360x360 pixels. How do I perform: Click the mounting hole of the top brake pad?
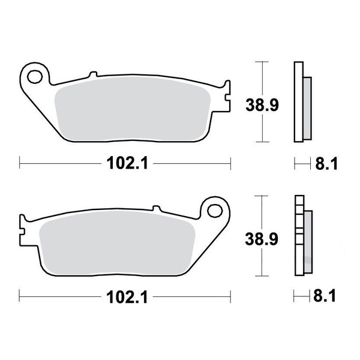[36, 77]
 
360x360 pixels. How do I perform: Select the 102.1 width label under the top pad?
[125, 162]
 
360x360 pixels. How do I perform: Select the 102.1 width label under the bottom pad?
[125, 296]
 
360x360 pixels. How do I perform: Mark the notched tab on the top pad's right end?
[226, 96]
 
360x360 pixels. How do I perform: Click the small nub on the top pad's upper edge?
[92, 76]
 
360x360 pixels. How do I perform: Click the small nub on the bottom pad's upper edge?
[158, 209]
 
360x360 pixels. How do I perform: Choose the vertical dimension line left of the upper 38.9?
[259, 102]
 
